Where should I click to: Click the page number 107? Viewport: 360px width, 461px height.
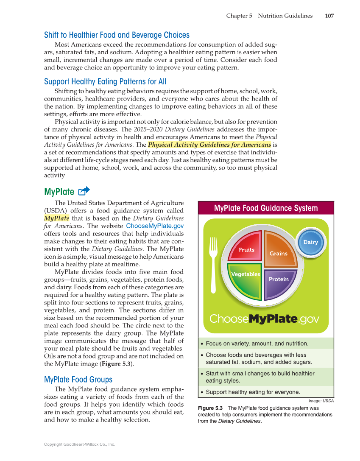pos(329,16)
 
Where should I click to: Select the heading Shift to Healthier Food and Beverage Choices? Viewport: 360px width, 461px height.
pos(117,35)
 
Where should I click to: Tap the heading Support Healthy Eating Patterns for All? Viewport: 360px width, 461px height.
pos(105,81)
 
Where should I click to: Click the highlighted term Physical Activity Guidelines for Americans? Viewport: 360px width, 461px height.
pos(209,145)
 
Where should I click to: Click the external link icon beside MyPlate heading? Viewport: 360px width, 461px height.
pos(84,191)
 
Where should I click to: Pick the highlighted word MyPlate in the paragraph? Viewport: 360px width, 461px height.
pos(56,218)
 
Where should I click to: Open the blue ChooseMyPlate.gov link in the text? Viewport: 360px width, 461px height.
pos(155,226)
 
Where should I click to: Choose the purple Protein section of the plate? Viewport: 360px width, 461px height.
pos(279,282)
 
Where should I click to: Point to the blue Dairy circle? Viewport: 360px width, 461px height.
pos(310,242)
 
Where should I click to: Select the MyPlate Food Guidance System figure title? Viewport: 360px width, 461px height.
pos(265,208)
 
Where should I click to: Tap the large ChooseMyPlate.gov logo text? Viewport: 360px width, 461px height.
pos(264,319)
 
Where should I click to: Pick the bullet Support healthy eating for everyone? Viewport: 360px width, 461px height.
pos(253,392)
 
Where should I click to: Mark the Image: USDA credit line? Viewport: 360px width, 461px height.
pos(321,400)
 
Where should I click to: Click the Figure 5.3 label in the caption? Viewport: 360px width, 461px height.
pos(210,408)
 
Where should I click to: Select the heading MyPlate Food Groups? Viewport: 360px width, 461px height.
pos(78,379)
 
